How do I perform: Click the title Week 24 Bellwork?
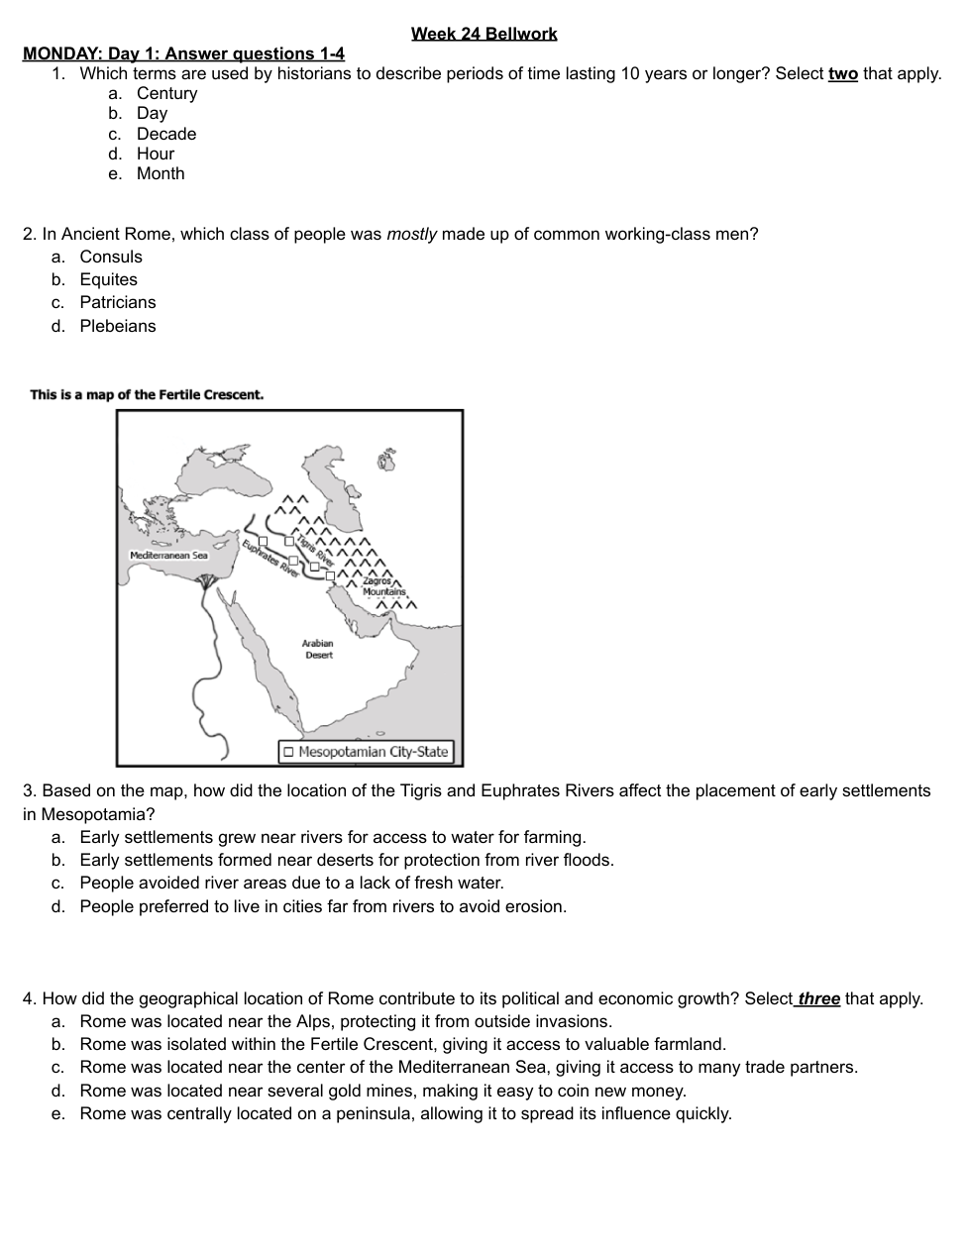(484, 34)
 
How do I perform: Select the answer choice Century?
(166, 93)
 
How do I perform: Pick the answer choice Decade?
(165, 134)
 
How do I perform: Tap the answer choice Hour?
(155, 154)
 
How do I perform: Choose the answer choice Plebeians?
(117, 326)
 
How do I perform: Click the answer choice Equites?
(108, 279)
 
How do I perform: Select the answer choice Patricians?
(117, 302)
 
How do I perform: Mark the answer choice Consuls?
(111, 257)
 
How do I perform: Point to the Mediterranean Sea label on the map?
(168, 556)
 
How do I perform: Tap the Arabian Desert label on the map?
(318, 649)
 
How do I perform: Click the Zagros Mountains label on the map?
(383, 586)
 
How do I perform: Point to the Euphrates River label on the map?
(267, 560)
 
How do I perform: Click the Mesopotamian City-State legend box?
(366, 752)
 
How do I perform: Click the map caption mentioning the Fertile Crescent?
(147, 394)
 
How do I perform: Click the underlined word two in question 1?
(842, 73)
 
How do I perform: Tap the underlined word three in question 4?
(818, 998)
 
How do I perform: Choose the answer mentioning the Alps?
(346, 1021)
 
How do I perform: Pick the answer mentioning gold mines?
(382, 1091)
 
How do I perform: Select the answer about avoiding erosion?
(323, 906)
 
